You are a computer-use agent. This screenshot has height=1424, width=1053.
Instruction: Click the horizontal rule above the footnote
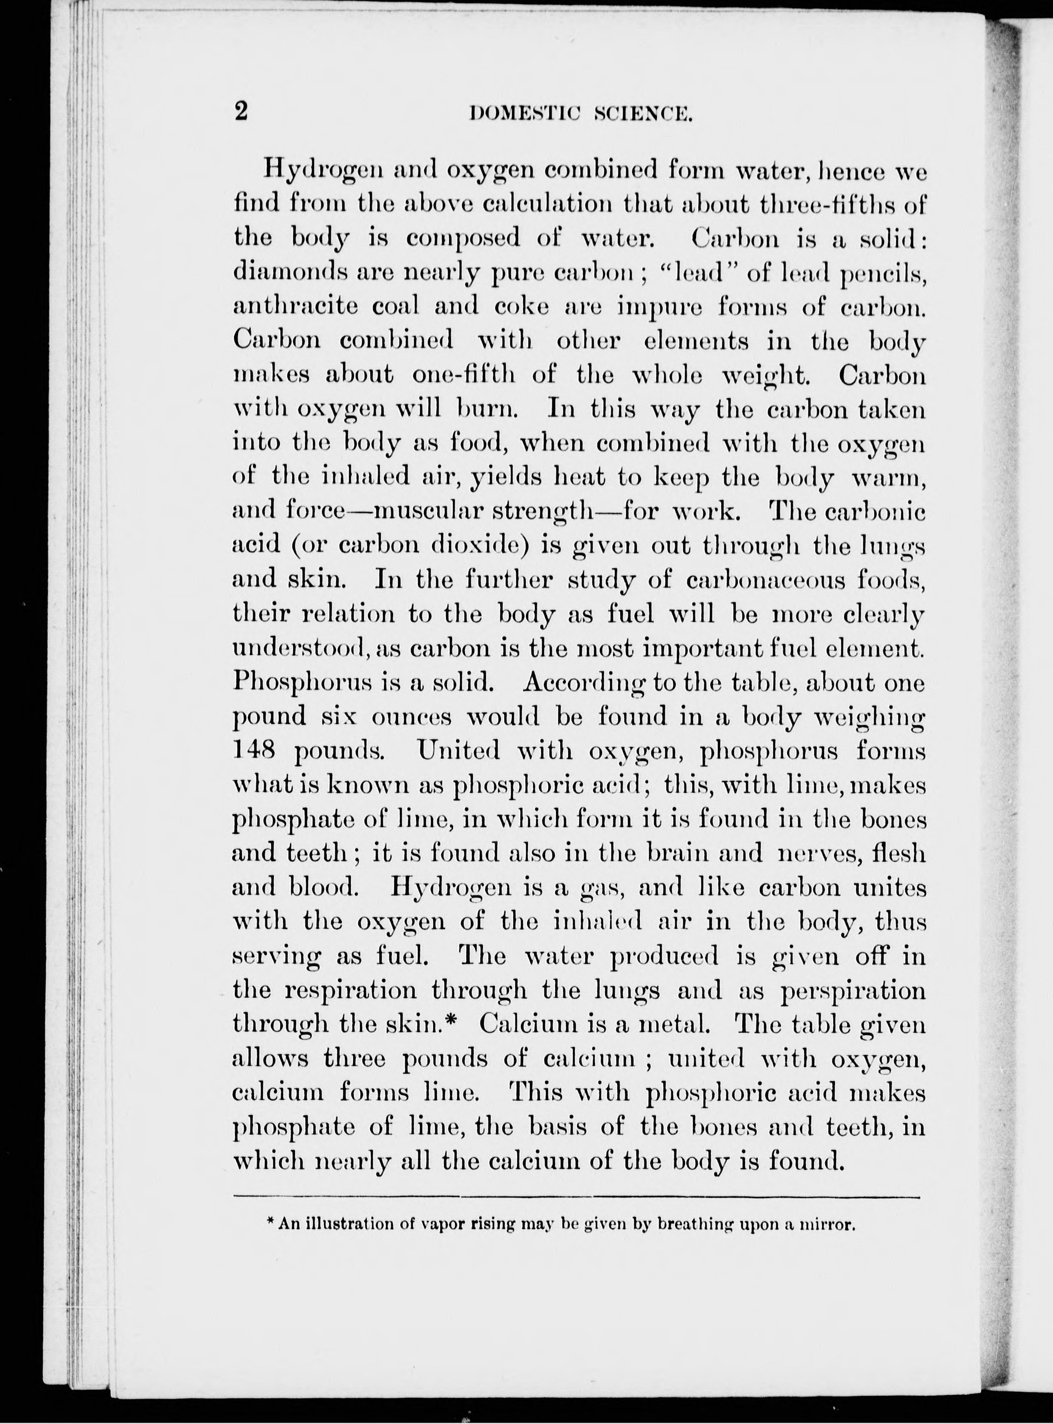coord(577,1197)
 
